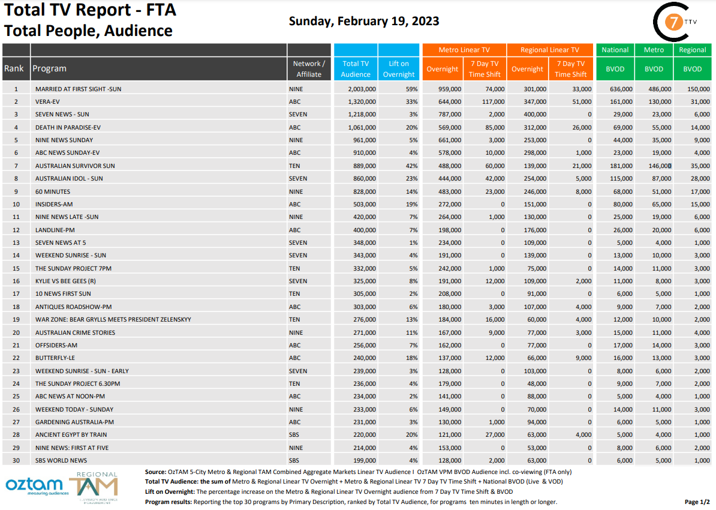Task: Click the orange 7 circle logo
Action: pyautogui.click(x=675, y=23)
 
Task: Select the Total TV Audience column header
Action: pyautogui.click(x=356, y=68)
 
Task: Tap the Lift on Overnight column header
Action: pyautogui.click(x=399, y=68)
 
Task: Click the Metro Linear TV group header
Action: pyautogui.click(x=464, y=50)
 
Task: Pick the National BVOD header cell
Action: pyautogui.click(x=615, y=68)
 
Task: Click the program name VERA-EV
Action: pyautogui.click(x=47, y=101)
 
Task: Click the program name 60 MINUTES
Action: pyautogui.click(x=53, y=191)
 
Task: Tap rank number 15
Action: pyautogui.click(x=16, y=268)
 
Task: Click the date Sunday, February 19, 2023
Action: pyautogui.click(x=364, y=21)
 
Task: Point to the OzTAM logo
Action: pyautogui.click(x=34, y=485)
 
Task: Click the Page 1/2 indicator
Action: pyautogui.click(x=697, y=502)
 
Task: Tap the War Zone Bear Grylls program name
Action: pyautogui.click(x=113, y=319)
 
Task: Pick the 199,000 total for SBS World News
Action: pyautogui.click(x=365, y=460)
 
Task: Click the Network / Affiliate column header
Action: pyautogui.click(x=309, y=68)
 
